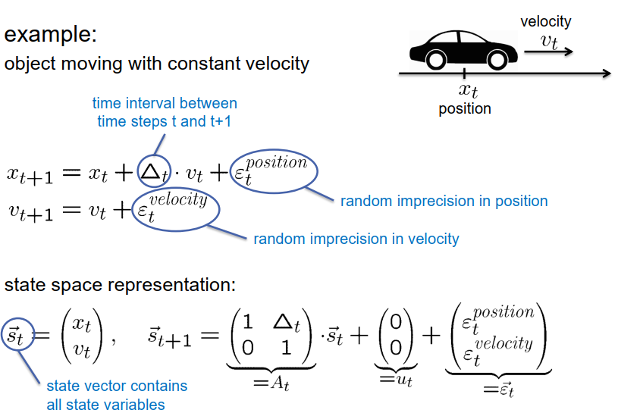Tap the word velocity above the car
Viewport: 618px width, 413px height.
(x=545, y=22)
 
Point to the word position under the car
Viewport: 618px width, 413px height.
(x=465, y=108)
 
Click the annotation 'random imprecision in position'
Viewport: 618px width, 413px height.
(x=444, y=201)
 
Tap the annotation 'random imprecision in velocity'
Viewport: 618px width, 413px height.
(x=356, y=239)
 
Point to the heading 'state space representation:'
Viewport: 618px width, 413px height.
(x=121, y=286)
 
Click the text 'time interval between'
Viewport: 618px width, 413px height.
(x=165, y=103)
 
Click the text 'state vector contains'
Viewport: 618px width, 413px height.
(x=117, y=386)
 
